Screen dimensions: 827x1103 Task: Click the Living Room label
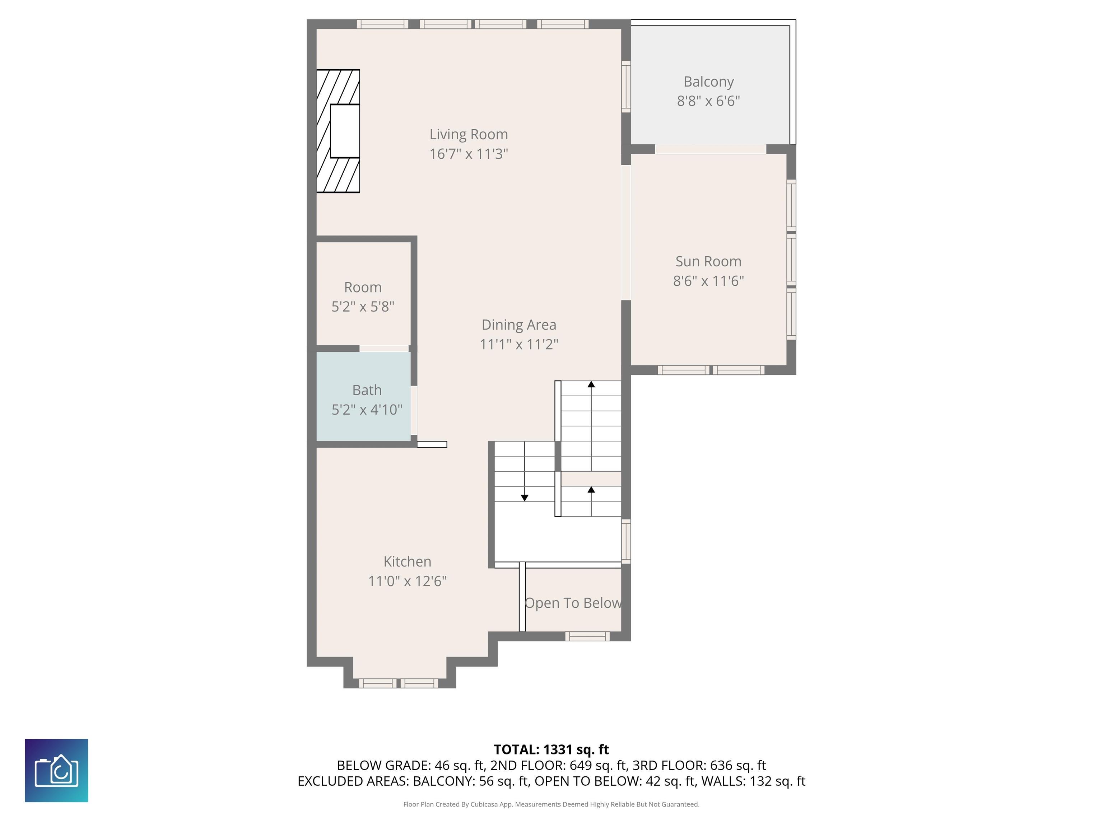(468, 134)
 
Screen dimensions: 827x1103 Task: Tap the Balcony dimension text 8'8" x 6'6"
(708, 101)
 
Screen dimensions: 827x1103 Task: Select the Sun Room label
(708, 261)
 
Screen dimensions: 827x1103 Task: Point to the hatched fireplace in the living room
(339, 131)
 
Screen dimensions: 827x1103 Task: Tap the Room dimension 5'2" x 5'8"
(363, 307)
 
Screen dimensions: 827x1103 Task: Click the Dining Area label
(518, 325)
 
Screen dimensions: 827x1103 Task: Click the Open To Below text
(573, 603)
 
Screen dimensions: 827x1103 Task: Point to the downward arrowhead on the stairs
(525, 497)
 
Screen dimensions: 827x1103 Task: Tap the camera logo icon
(56, 770)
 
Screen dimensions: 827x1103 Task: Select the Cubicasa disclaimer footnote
(551, 804)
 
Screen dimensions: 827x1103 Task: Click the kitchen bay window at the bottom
(399, 683)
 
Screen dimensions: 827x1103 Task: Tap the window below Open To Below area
(587, 636)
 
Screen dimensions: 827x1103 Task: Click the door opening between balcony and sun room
(710, 149)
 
